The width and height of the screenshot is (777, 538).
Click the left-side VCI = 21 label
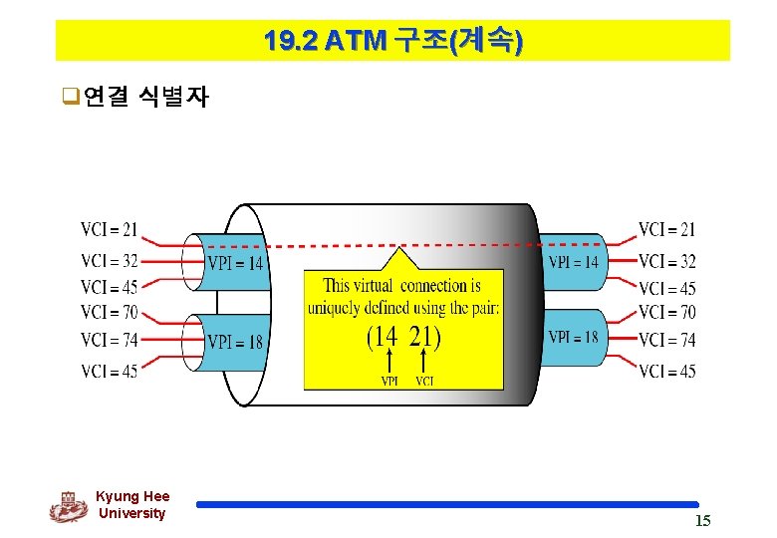click(110, 230)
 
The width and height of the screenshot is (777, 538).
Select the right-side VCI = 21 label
click(666, 230)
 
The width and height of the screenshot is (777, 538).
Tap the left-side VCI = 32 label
click(110, 262)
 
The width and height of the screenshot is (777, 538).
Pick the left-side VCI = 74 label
click(110, 340)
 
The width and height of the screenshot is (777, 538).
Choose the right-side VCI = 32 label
click(666, 262)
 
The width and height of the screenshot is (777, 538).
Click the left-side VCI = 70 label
click(110, 313)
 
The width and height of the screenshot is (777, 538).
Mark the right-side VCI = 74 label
click(666, 340)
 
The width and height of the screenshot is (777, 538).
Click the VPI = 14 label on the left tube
click(235, 264)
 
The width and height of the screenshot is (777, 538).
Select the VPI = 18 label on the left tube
click(235, 343)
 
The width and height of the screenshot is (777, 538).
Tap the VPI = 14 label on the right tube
click(574, 262)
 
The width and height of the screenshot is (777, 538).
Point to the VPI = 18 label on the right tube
click(574, 337)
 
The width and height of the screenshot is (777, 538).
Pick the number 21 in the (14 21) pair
click(423, 337)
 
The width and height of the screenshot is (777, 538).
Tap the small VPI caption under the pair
click(390, 380)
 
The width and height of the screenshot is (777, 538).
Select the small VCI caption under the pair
click(424, 380)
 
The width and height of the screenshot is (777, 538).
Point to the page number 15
click(702, 522)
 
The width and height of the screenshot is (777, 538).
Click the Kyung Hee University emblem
click(69, 506)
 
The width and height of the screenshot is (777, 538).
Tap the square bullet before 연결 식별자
click(69, 98)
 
